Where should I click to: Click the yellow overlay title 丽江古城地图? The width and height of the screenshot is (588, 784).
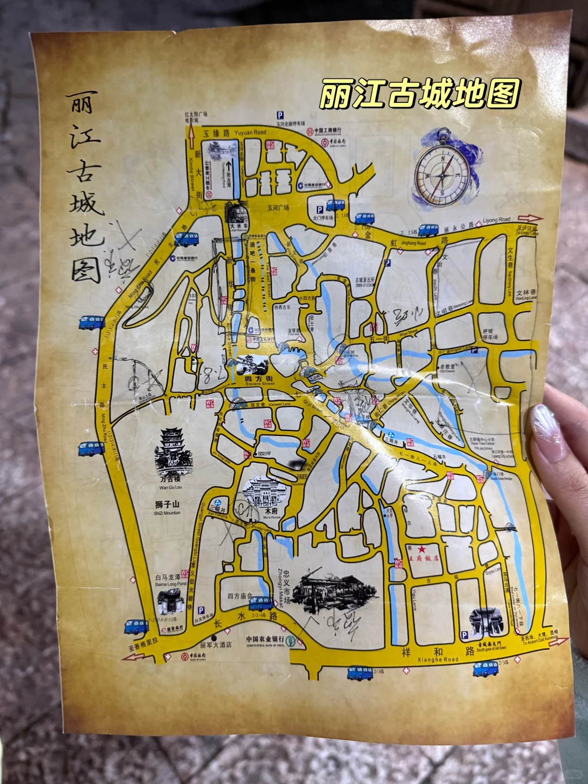point(419,93)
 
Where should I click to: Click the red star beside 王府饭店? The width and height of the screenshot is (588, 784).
point(421,549)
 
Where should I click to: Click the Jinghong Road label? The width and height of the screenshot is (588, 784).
point(413,243)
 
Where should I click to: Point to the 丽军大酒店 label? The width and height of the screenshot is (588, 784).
point(216,645)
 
